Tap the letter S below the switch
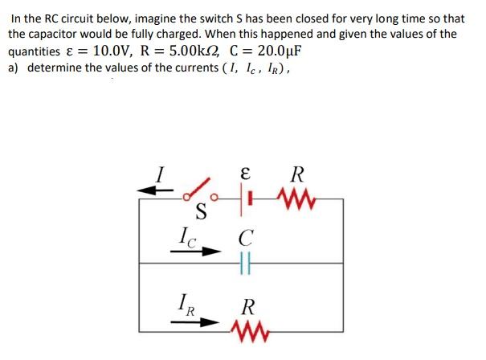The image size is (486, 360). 202,214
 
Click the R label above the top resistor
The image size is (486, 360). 297,173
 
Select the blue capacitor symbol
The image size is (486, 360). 247,261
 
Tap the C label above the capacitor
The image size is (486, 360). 247,238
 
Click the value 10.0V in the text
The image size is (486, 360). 113,51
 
